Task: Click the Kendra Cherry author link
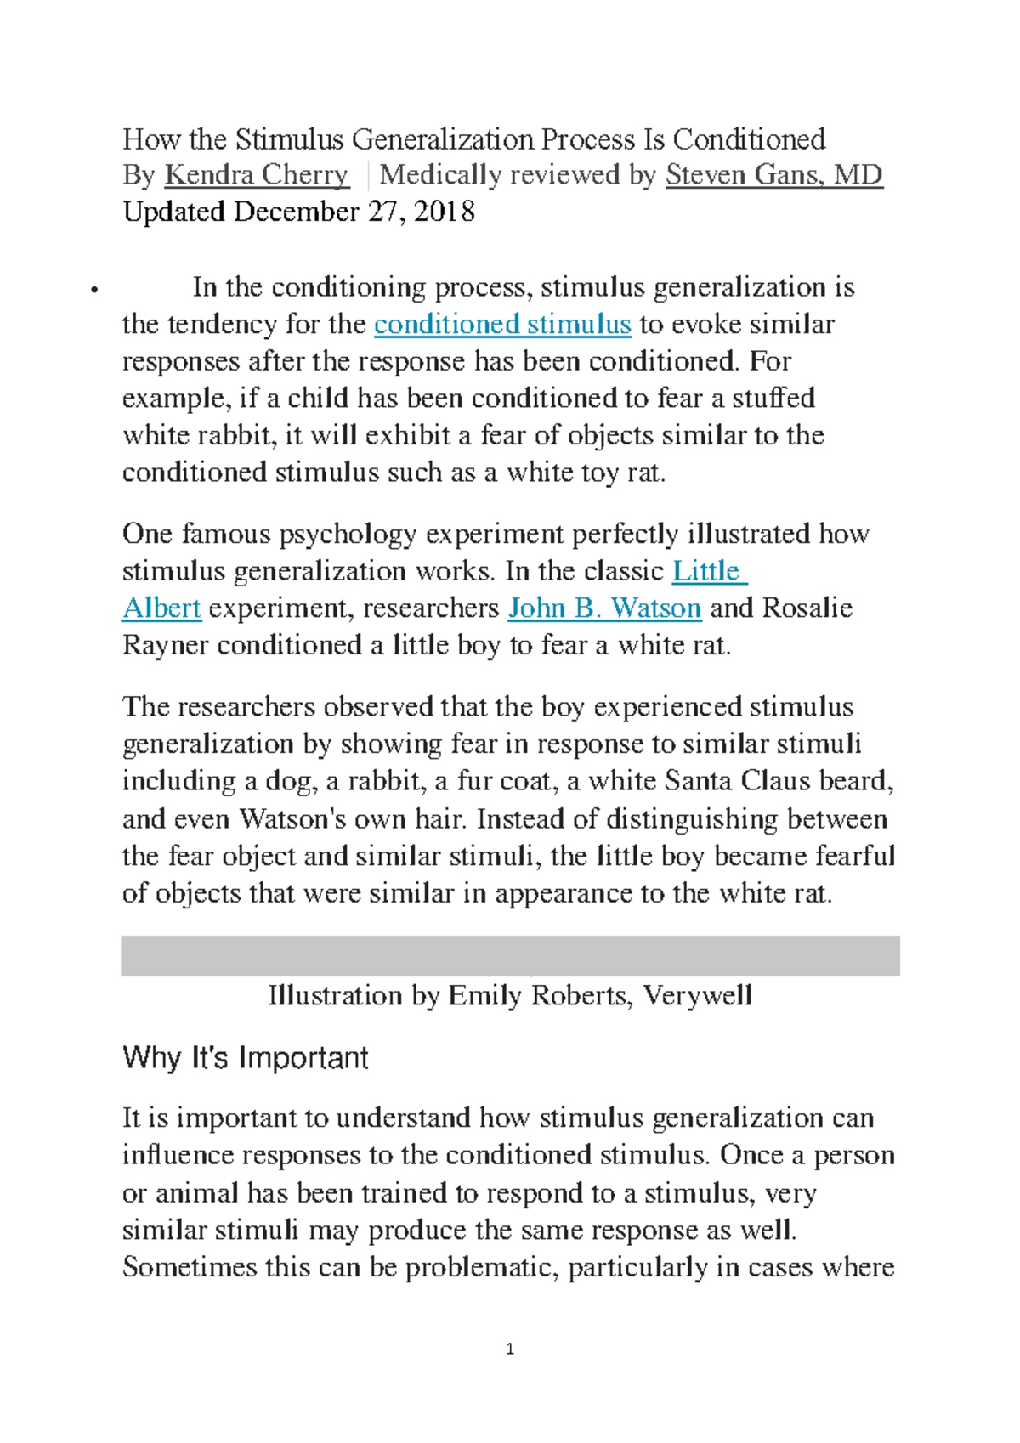point(256,175)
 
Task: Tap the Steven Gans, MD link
point(773,175)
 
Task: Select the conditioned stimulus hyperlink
point(502,325)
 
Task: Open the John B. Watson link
point(604,608)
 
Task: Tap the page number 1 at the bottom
point(510,1349)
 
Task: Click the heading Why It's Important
point(246,1058)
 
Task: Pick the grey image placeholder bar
point(510,956)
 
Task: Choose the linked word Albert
point(161,608)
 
